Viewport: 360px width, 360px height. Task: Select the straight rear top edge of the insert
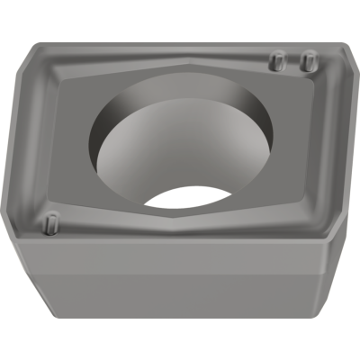(x=180, y=41)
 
